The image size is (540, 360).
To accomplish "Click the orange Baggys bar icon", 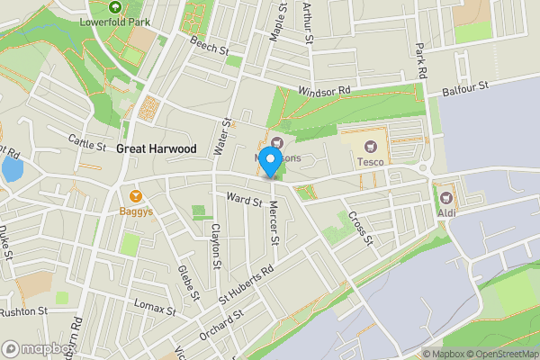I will tap(137, 195).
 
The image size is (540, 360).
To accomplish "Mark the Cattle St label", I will tap(87, 140).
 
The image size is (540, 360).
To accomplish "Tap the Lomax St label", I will tap(156, 310).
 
